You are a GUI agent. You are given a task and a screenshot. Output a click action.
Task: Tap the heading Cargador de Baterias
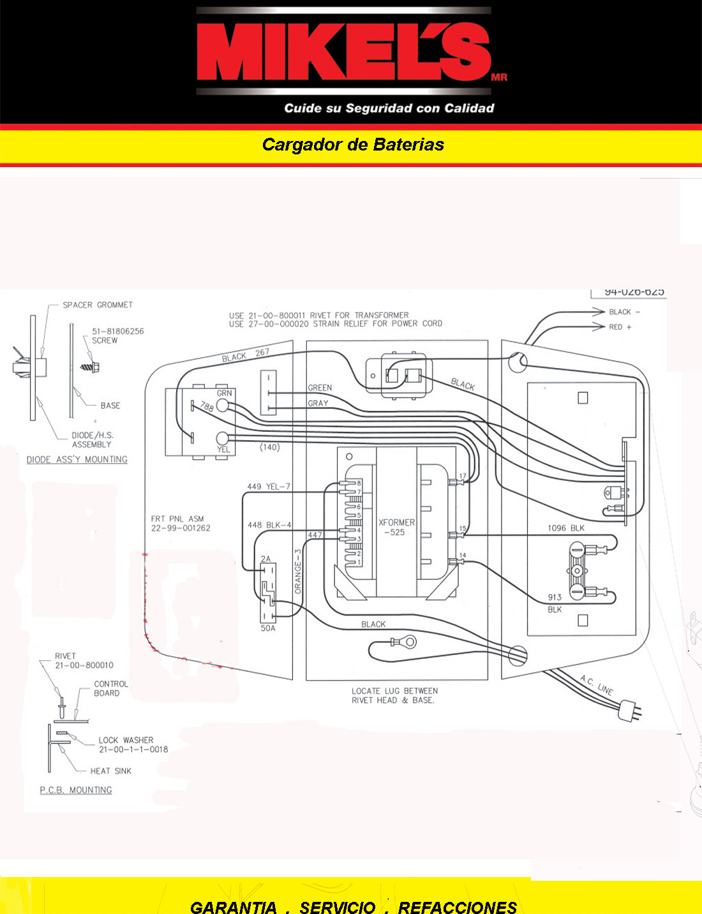click(x=353, y=145)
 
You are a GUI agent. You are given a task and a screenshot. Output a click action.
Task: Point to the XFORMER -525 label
click(x=396, y=527)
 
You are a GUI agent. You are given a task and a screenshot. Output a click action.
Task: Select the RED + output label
click(x=620, y=327)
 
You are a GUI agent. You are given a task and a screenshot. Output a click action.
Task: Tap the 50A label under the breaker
click(x=268, y=628)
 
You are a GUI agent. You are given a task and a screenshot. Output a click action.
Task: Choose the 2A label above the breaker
click(x=265, y=559)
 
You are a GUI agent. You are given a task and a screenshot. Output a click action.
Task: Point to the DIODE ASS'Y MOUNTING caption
click(x=77, y=459)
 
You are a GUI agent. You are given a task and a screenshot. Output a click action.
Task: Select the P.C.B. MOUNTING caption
click(x=76, y=790)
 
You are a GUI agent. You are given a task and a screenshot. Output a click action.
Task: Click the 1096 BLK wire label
click(x=565, y=528)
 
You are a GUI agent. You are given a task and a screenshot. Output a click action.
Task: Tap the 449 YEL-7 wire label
click(x=269, y=487)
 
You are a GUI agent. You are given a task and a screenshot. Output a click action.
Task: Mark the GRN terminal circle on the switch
click(x=222, y=405)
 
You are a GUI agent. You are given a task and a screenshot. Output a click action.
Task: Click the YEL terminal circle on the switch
click(x=222, y=438)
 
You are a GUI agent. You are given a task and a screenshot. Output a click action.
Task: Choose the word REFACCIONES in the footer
click(x=458, y=907)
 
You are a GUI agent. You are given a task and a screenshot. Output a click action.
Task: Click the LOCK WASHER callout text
click(x=126, y=741)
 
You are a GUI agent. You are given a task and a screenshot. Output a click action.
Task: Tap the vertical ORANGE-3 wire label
click(x=298, y=571)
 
